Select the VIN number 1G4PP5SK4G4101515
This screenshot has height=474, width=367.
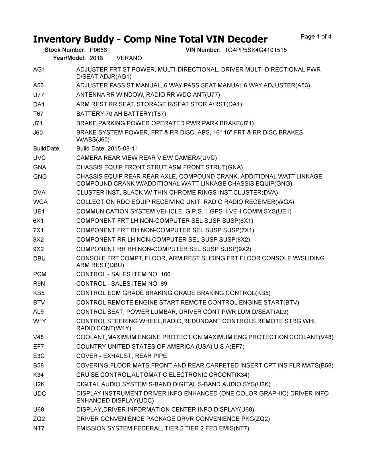(255, 50)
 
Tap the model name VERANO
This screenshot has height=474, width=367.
(129, 58)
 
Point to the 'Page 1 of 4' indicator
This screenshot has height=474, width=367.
(316, 37)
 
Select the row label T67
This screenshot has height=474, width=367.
(38, 114)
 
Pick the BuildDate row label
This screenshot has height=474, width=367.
(46, 149)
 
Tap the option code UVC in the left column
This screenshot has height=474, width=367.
(40, 158)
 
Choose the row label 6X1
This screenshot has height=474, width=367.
(38, 221)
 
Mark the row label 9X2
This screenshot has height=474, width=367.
(38, 249)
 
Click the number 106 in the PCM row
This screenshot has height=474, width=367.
(165, 274)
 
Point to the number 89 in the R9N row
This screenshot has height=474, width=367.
(164, 284)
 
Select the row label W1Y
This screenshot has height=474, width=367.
(40, 321)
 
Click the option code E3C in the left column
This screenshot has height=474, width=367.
(39, 356)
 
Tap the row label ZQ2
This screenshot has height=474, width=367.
(39, 419)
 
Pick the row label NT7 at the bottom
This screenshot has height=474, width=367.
(39, 428)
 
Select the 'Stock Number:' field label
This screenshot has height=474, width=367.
(65, 50)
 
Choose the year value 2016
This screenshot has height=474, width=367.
(96, 58)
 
